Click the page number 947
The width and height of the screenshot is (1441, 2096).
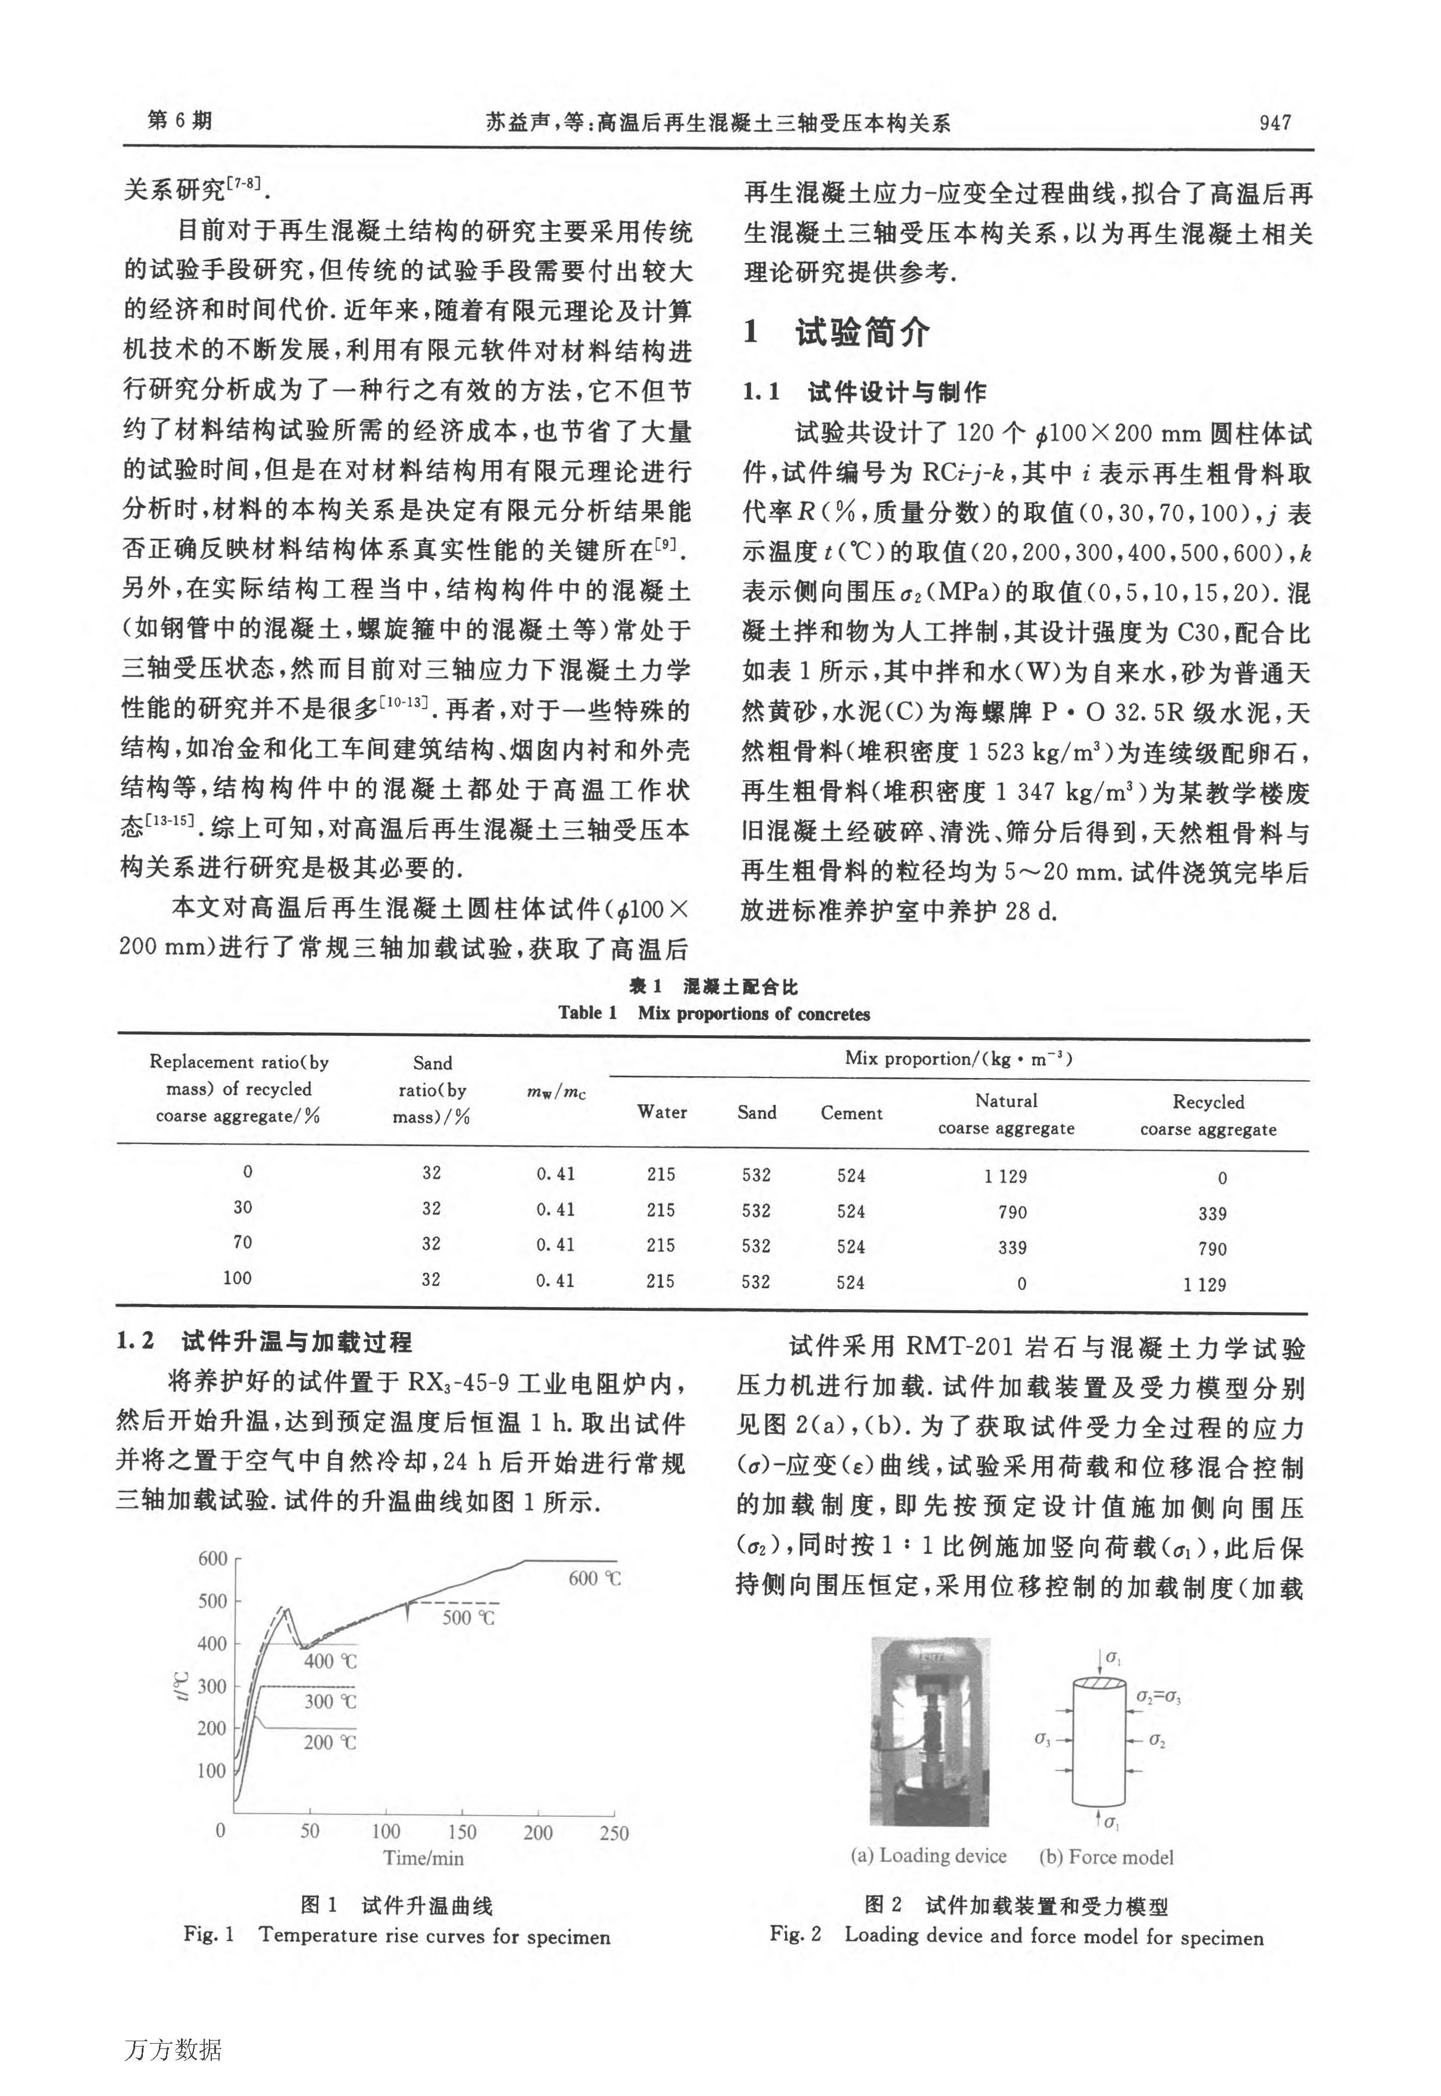coord(1275,123)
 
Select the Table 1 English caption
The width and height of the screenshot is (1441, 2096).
coord(713,1013)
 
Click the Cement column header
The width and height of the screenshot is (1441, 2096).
coord(851,1113)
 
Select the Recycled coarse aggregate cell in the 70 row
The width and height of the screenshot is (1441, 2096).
coord(1212,1249)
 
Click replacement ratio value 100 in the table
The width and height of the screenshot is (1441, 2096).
coord(237,1278)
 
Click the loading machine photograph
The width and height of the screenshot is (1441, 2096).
coord(929,1732)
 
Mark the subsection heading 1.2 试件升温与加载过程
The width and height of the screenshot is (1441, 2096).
coord(264,1342)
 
